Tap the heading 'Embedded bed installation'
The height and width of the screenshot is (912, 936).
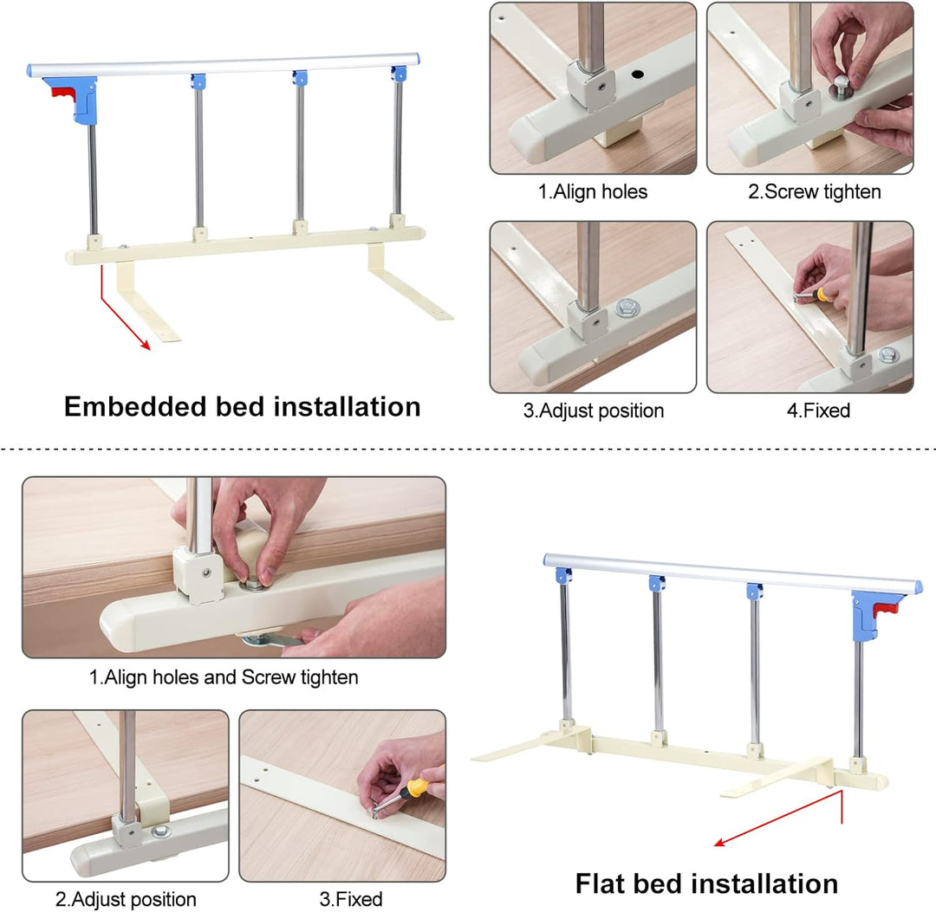(243, 407)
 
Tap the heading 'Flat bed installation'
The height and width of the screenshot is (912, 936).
(707, 884)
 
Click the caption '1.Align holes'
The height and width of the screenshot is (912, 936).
(593, 191)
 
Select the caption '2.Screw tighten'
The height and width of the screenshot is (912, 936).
(814, 191)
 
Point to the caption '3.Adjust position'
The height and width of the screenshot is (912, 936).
(594, 411)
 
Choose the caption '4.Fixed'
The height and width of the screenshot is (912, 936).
(818, 411)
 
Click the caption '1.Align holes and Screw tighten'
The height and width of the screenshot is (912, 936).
(224, 677)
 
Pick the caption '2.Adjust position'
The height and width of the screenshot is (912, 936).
(126, 899)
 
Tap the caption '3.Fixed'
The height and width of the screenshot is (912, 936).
(351, 899)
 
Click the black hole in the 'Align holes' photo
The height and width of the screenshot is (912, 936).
(638, 74)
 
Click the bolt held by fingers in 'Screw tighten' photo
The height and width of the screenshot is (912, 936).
(841, 87)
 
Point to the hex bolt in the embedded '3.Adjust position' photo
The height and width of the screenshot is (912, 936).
(627, 307)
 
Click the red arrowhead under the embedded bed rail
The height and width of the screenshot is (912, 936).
(145, 344)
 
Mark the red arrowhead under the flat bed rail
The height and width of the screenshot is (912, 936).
(720, 842)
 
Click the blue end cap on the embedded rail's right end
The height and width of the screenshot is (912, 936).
(417, 59)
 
